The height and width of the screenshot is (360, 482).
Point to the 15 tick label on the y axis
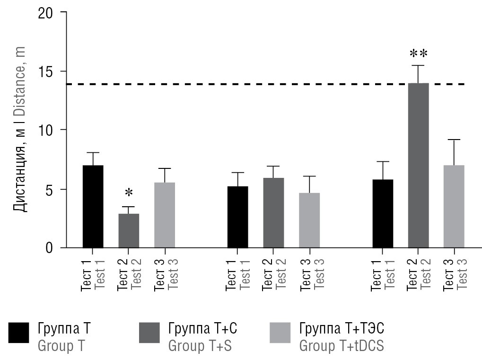click(x=46, y=71)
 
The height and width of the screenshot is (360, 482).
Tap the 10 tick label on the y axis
click(x=46, y=130)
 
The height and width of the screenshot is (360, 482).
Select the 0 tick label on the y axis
click(x=50, y=247)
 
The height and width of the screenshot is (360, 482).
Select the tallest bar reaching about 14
click(x=418, y=166)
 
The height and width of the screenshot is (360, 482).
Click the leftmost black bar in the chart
click(x=93, y=206)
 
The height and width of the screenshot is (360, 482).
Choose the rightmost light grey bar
click(x=454, y=206)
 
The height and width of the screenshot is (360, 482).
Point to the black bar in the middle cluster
click(x=237, y=217)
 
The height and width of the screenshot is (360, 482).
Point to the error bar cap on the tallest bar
click(x=418, y=66)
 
